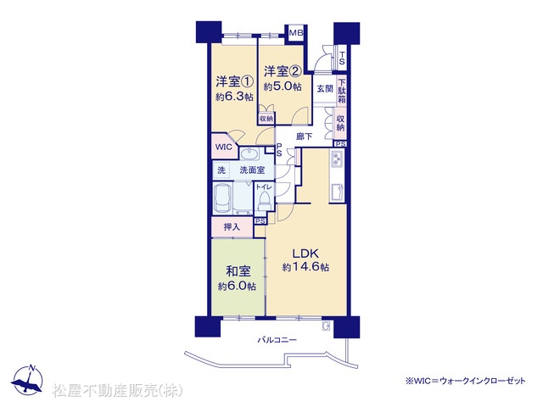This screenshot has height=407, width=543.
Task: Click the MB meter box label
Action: point(296,33)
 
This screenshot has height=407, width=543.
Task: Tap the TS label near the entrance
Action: point(342,59)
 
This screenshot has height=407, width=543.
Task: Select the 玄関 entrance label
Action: point(325,88)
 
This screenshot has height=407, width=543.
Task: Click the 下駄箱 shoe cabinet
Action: point(342,91)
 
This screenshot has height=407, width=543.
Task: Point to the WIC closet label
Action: point(224,147)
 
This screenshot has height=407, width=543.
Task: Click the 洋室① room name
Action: point(235,81)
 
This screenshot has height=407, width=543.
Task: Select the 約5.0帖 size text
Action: point(283,86)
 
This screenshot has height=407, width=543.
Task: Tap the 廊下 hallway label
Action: point(304,137)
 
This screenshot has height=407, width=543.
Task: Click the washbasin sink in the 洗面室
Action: point(249,153)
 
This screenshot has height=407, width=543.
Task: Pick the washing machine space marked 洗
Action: point(221,170)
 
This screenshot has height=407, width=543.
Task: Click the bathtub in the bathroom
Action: point(224,199)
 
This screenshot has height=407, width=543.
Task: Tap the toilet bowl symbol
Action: point(264,201)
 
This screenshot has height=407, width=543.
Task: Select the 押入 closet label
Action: point(232,227)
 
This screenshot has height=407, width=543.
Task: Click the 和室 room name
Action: point(238,271)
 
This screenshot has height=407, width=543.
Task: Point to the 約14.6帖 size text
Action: point(305,267)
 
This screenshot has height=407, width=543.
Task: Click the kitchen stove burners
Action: point(337,159)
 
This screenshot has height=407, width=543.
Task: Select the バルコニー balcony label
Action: point(277,340)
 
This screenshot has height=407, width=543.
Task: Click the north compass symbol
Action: point(27,380)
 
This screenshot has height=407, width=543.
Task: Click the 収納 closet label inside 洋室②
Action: point(266,119)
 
